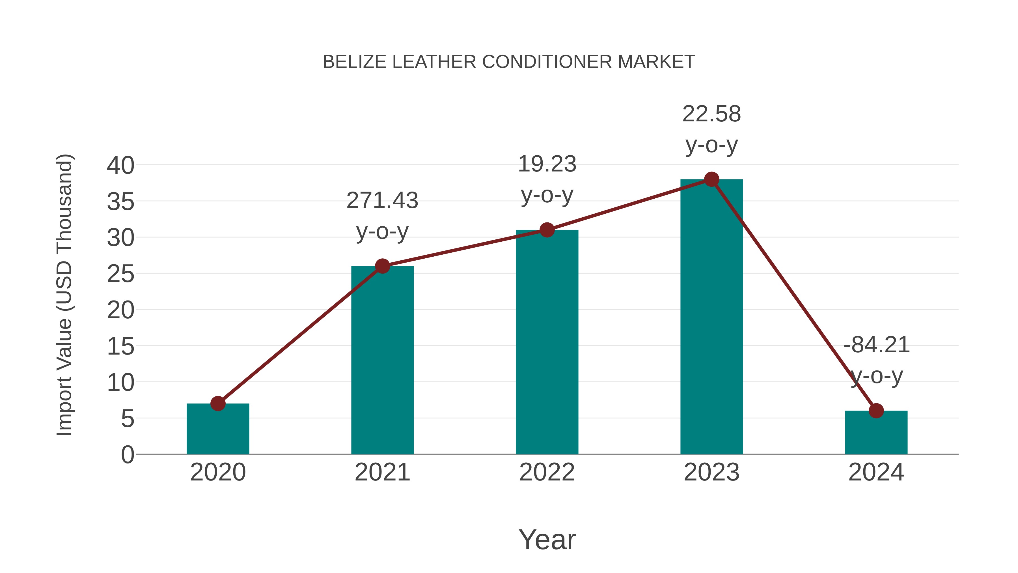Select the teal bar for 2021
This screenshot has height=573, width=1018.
click(382, 360)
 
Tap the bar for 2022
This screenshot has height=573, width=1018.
click(547, 342)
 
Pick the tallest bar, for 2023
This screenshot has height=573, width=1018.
click(711, 316)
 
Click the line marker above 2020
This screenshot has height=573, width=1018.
click(218, 404)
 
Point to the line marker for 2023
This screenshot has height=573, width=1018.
click(711, 179)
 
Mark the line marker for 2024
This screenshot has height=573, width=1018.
click(876, 411)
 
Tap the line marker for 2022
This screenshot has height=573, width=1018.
click(547, 230)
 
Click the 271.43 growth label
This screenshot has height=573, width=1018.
click(382, 201)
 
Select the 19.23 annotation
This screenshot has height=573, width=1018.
click(547, 164)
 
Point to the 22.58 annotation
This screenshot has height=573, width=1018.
click(711, 114)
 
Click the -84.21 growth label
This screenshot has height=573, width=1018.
click(876, 345)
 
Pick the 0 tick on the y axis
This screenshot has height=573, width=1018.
click(128, 455)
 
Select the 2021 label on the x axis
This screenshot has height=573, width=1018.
click(382, 472)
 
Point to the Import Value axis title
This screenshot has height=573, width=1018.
click(64, 295)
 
